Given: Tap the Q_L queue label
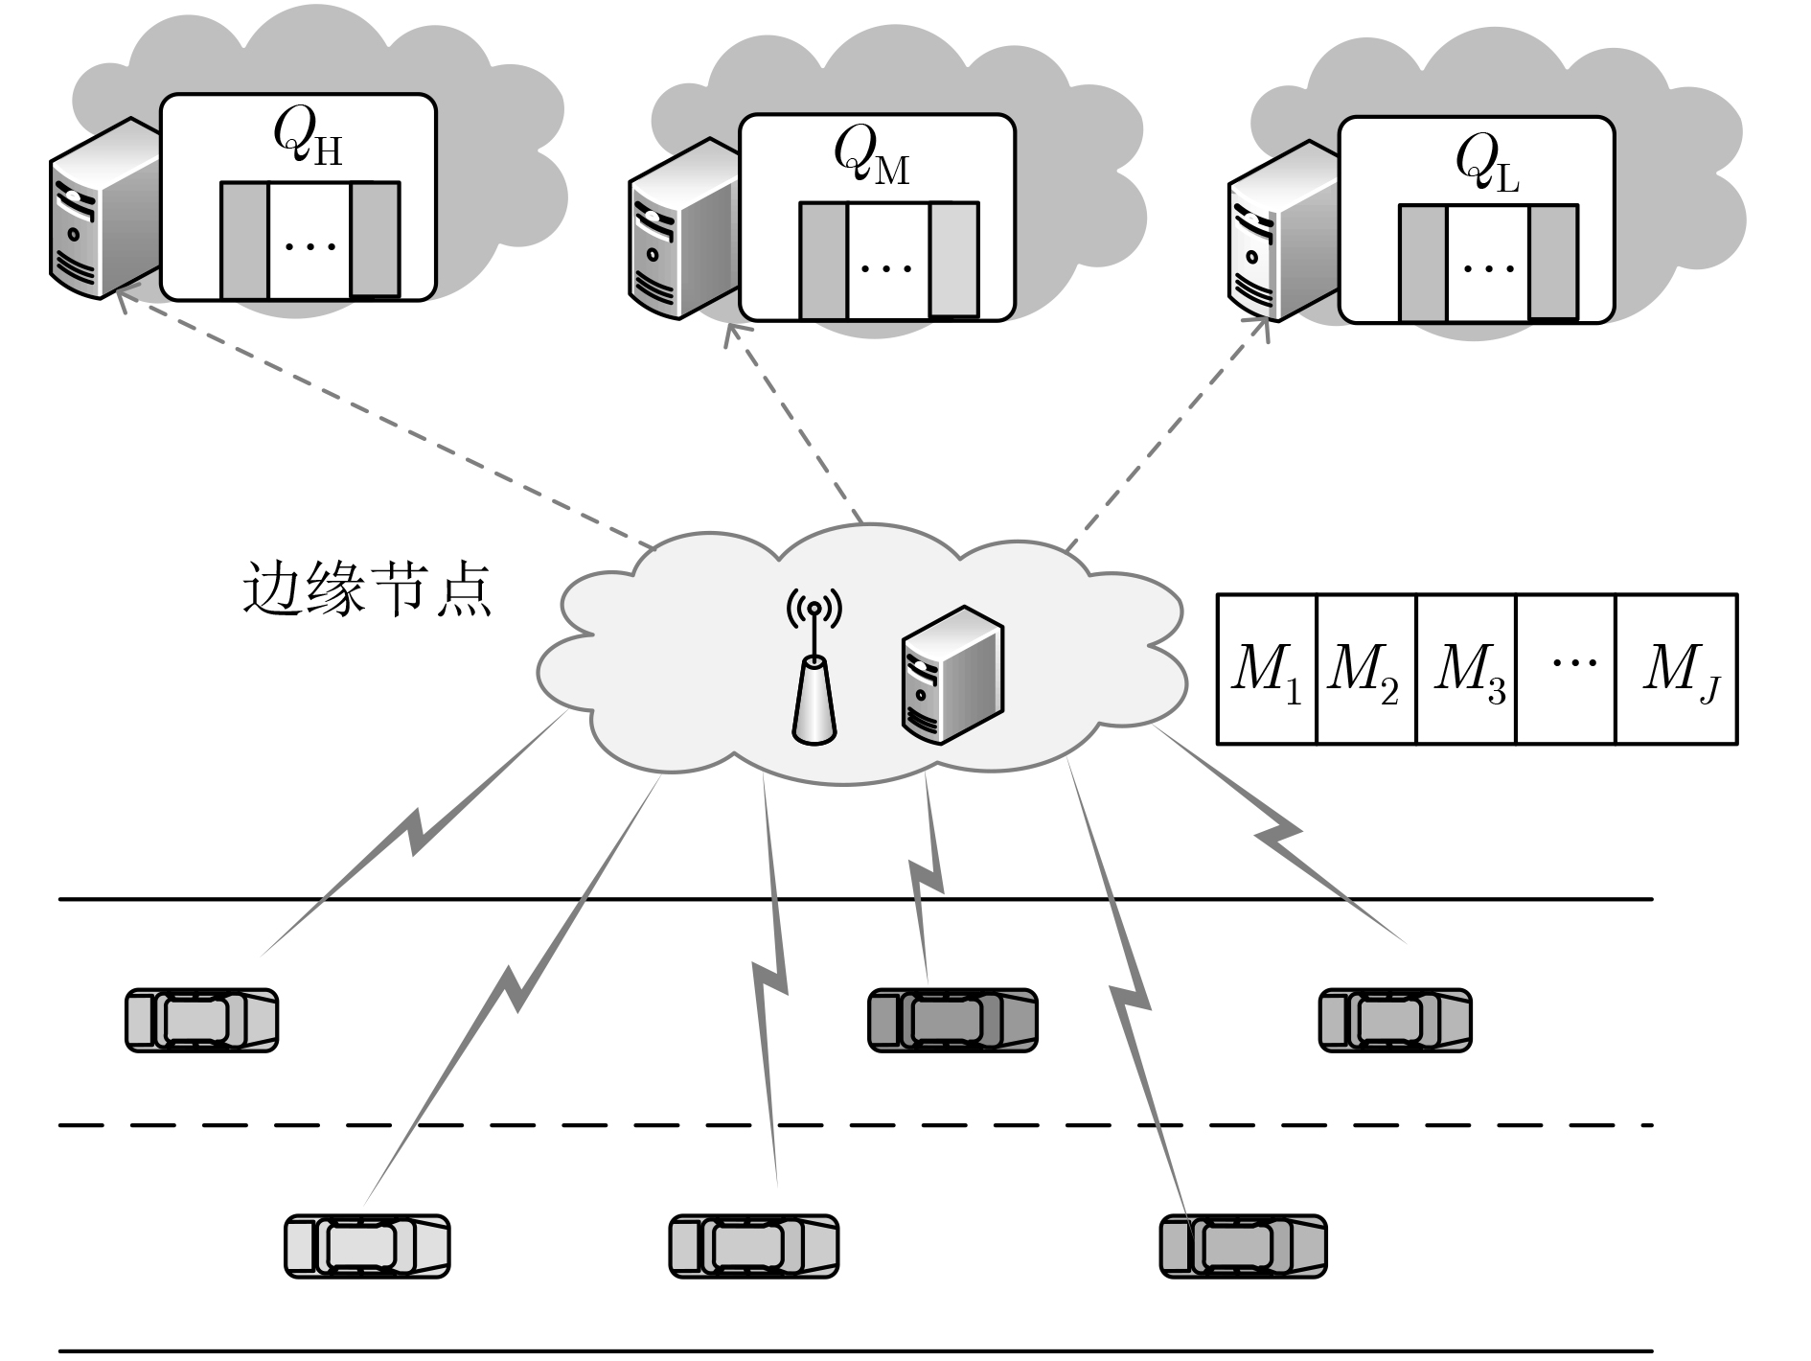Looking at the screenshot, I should click(1486, 164).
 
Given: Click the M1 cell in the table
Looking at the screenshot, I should click(1267, 669).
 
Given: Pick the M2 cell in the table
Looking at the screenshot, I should click(1365, 669).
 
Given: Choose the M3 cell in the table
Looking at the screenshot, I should click(1467, 669).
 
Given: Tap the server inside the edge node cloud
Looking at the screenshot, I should click(952, 675).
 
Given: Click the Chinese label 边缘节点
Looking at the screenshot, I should click(367, 588).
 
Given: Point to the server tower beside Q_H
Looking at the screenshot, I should click(103, 208).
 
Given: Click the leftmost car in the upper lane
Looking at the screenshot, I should click(201, 1021).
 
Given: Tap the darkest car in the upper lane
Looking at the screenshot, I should click(952, 1021).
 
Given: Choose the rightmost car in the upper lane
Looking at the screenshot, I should click(1395, 1021).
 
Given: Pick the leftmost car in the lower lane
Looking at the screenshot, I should click(367, 1246).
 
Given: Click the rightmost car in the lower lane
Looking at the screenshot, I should click(1243, 1246).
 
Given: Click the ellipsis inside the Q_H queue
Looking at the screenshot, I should click(310, 246).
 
